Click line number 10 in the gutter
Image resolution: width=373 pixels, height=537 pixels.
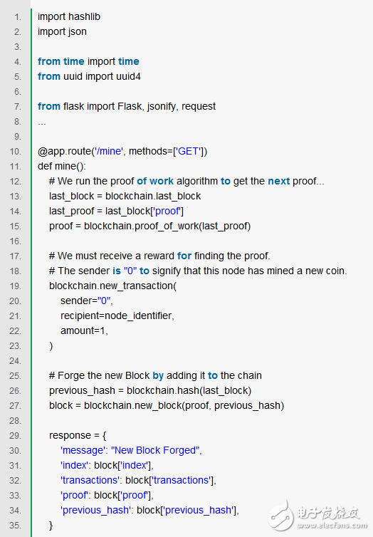pyautogui.click(x=17, y=151)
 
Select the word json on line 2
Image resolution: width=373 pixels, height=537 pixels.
pyautogui.click(x=77, y=31)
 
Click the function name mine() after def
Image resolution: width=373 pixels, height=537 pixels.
pyautogui.click(x=72, y=166)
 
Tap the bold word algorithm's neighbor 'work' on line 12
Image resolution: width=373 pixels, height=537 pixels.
pyautogui.click(x=162, y=181)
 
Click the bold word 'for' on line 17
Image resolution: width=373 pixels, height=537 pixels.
pyautogui.click(x=184, y=256)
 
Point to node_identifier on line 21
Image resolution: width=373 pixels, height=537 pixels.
pyautogui.click(x=137, y=316)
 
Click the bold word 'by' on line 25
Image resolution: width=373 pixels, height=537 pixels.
pyautogui.click(x=158, y=375)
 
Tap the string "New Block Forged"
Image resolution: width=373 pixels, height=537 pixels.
pyautogui.click(x=157, y=450)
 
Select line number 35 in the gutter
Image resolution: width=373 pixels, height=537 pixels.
pyautogui.click(x=17, y=525)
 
